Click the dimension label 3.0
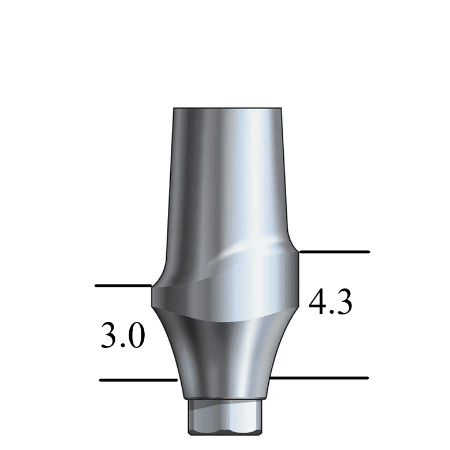[x=122, y=336]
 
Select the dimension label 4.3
[x=331, y=302]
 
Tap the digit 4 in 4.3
[x=318, y=302]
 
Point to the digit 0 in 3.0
[x=134, y=336]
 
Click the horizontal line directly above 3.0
[x=123, y=286]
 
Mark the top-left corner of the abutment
[x=174, y=108]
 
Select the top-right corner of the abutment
[x=281, y=108]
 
